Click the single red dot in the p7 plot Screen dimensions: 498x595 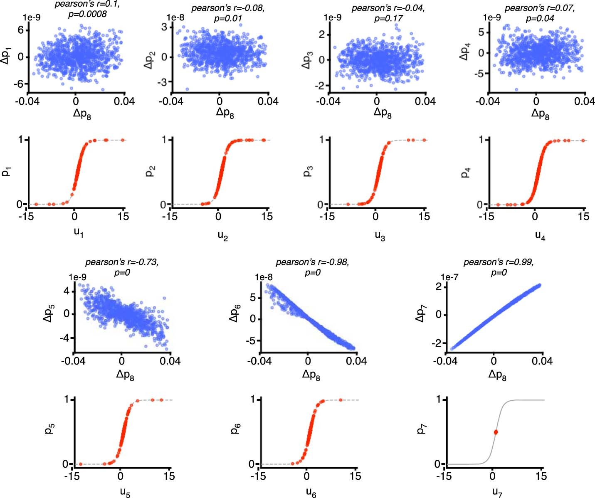[x=496, y=432]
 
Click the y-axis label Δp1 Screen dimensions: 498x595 [x=7, y=57]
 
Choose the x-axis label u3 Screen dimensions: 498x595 [x=380, y=236]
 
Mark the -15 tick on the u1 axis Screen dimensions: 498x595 [x=26, y=216]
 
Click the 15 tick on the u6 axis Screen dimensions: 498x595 [x=356, y=476]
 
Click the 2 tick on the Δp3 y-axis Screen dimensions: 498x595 [x=322, y=35]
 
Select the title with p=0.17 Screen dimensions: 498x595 [x=388, y=14]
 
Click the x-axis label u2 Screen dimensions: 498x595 [x=222, y=236]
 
